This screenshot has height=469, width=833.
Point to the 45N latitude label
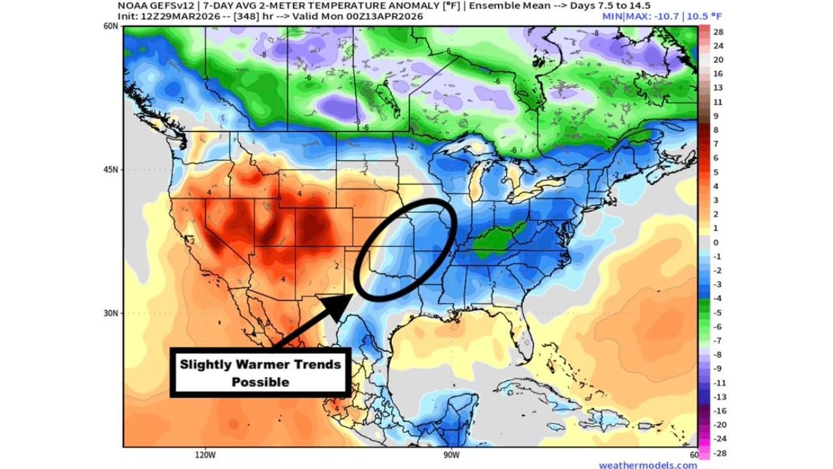coord(110,170)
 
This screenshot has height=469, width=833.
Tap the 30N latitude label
coord(110,313)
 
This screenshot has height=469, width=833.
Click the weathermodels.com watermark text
coord(648,465)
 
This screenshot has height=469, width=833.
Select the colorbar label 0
coord(716,242)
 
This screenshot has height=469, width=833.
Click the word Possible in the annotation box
coord(260,382)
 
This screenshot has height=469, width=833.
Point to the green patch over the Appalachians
coord(498,239)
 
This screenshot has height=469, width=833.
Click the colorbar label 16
coord(718,74)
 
